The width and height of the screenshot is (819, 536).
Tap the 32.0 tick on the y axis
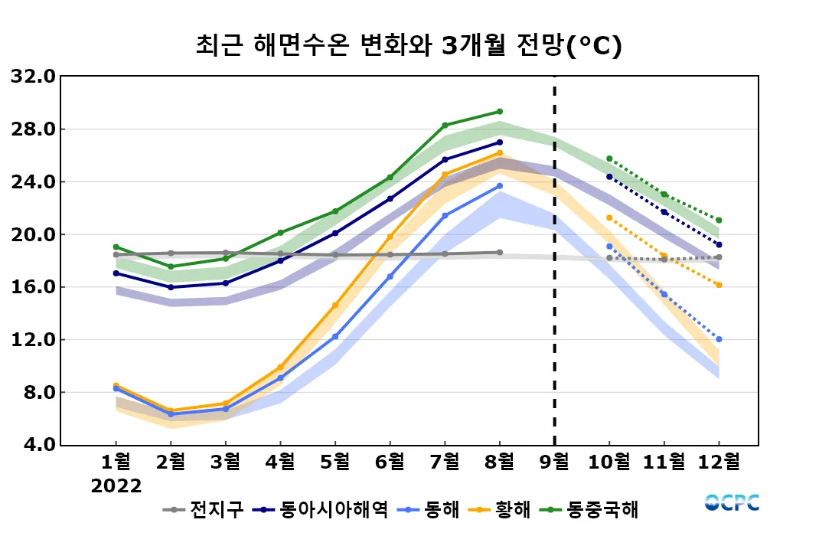click(32, 77)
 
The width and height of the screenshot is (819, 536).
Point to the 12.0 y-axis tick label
click(32, 340)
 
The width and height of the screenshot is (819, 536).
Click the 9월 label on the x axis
click(554, 462)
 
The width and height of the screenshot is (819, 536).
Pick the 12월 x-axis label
click(719, 462)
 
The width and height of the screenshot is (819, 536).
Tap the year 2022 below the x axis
click(116, 486)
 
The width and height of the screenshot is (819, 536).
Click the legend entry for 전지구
click(204, 509)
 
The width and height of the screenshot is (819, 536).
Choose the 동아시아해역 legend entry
click(325, 509)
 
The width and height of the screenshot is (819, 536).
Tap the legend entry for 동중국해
click(593, 509)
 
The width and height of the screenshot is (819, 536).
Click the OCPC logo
click(732, 502)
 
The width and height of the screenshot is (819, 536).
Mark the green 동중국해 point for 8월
click(500, 112)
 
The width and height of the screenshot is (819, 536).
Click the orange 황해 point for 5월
click(334, 305)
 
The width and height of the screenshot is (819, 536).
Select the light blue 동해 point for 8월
click(500, 186)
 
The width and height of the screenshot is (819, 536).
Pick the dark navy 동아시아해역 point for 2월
click(171, 287)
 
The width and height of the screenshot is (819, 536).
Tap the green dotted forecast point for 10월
click(609, 159)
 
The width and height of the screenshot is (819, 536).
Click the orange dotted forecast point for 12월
click(719, 285)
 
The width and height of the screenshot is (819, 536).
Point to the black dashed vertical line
click(554, 260)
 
